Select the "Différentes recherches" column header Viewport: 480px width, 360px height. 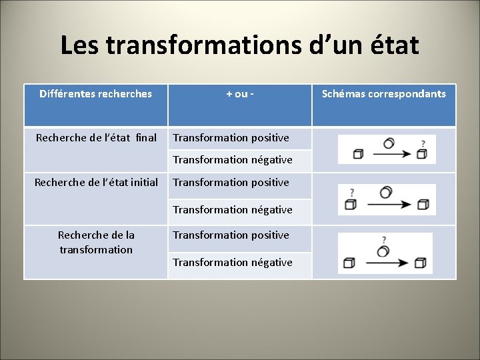coord(95,94)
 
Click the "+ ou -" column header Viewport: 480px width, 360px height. coord(240,94)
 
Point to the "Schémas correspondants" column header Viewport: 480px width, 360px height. coord(384,94)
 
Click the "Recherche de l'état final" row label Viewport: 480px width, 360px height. coord(96,138)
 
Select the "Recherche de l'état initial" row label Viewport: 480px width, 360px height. coord(97,183)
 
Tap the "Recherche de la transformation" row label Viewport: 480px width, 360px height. coord(96,242)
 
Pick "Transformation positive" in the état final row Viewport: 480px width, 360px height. coord(231,138)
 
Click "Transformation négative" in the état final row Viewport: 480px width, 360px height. coord(233,160)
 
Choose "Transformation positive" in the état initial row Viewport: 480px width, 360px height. coord(231,183)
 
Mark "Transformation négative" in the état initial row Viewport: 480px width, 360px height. coord(233,210)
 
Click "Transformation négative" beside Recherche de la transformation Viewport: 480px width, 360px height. coord(233,263)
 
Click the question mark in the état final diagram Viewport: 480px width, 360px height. coord(423,142)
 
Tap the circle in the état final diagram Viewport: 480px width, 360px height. coord(389,143)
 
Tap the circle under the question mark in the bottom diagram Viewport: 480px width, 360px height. coord(383,251)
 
